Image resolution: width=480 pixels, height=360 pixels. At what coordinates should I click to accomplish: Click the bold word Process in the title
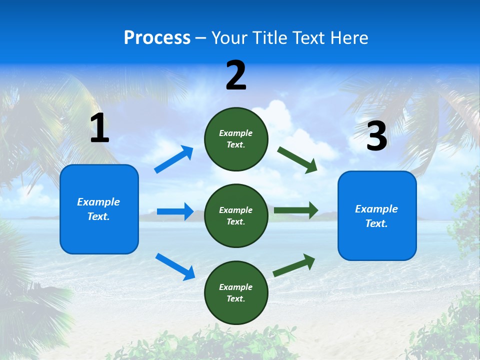pyautogui.click(x=157, y=38)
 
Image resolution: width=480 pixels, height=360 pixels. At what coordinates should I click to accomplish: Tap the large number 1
pyautogui.click(x=99, y=128)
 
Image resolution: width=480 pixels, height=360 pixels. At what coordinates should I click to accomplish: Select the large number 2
pyautogui.click(x=236, y=75)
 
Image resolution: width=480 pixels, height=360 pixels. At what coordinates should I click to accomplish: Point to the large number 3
pyautogui.click(x=376, y=136)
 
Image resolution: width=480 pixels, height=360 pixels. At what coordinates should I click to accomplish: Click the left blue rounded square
pyautogui.click(x=99, y=209)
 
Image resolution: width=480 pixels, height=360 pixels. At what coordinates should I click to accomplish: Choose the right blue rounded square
pyautogui.click(x=377, y=216)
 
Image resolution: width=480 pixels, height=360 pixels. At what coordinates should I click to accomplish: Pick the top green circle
pyautogui.click(x=236, y=139)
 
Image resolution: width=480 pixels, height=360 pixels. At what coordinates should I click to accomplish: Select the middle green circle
pyautogui.click(x=236, y=216)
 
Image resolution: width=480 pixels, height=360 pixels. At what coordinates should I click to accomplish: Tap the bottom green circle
pyautogui.click(x=236, y=292)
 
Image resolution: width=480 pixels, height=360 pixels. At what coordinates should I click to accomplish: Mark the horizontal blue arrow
pyautogui.click(x=175, y=211)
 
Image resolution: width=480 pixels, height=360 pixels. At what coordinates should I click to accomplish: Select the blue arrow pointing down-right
pyautogui.click(x=175, y=266)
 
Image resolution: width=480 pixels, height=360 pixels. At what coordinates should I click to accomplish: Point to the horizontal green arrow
pyautogui.click(x=296, y=210)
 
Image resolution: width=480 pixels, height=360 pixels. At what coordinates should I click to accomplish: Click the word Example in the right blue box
pyautogui.click(x=376, y=209)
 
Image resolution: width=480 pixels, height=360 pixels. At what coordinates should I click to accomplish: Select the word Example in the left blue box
pyautogui.click(x=98, y=202)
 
